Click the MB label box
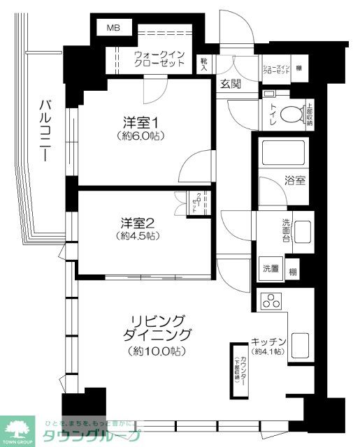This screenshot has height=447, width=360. click(113, 29)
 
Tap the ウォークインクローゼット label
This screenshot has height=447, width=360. click(159, 58)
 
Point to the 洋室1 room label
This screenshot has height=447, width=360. click(140, 121)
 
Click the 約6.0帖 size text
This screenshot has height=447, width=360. click(140, 135)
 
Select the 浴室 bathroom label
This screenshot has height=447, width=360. click(294, 180)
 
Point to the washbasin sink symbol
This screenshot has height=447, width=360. click(303, 230)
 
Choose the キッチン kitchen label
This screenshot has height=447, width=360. click(269, 342)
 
